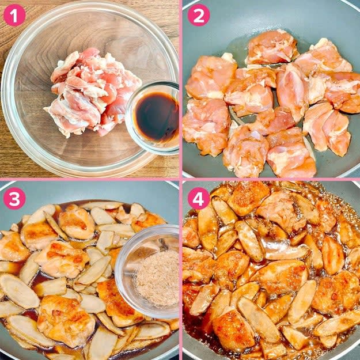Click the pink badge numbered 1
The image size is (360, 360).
[14, 15]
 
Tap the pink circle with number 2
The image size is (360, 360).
[199, 15]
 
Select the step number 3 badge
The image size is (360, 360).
[14, 198]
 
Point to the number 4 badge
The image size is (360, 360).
[199, 198]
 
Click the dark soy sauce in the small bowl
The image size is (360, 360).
[157, 116]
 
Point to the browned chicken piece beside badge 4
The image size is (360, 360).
[248, 198]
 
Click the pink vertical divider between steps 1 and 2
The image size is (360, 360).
[181, 89]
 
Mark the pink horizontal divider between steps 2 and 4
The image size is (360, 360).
[271, 179]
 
